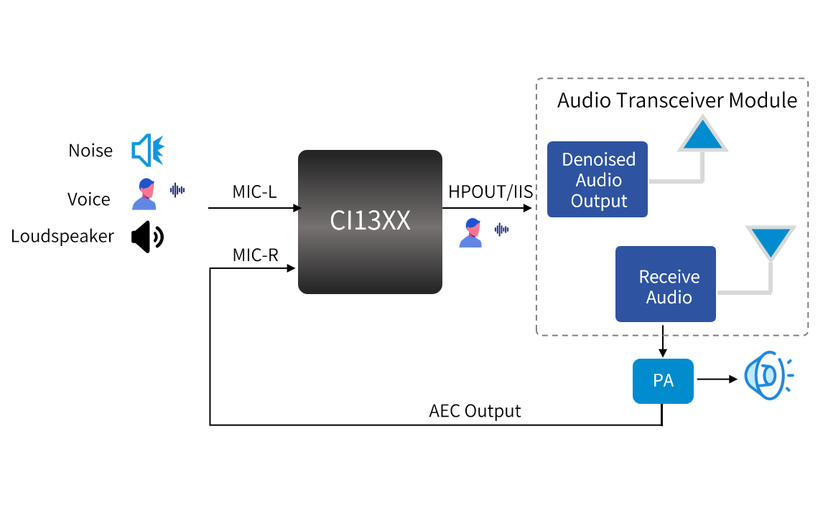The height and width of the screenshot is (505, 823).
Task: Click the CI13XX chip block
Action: [370, 222]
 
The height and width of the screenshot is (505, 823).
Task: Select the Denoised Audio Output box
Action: [598, 179]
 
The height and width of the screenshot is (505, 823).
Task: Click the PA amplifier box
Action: [663, 381]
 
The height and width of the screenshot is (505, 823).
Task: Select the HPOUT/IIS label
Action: [490, 192]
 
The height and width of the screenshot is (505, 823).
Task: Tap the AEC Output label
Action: [475, 411]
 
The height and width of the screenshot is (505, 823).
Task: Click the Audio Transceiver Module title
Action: [676, 100]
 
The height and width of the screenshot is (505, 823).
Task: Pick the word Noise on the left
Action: [90, 151]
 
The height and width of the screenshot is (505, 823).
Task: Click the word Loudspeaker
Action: [62, 236]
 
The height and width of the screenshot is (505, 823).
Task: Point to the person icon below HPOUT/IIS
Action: [471, 232]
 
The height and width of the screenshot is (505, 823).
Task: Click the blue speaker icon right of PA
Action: [766, 375]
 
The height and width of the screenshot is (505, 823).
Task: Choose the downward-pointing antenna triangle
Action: [771, 242]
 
